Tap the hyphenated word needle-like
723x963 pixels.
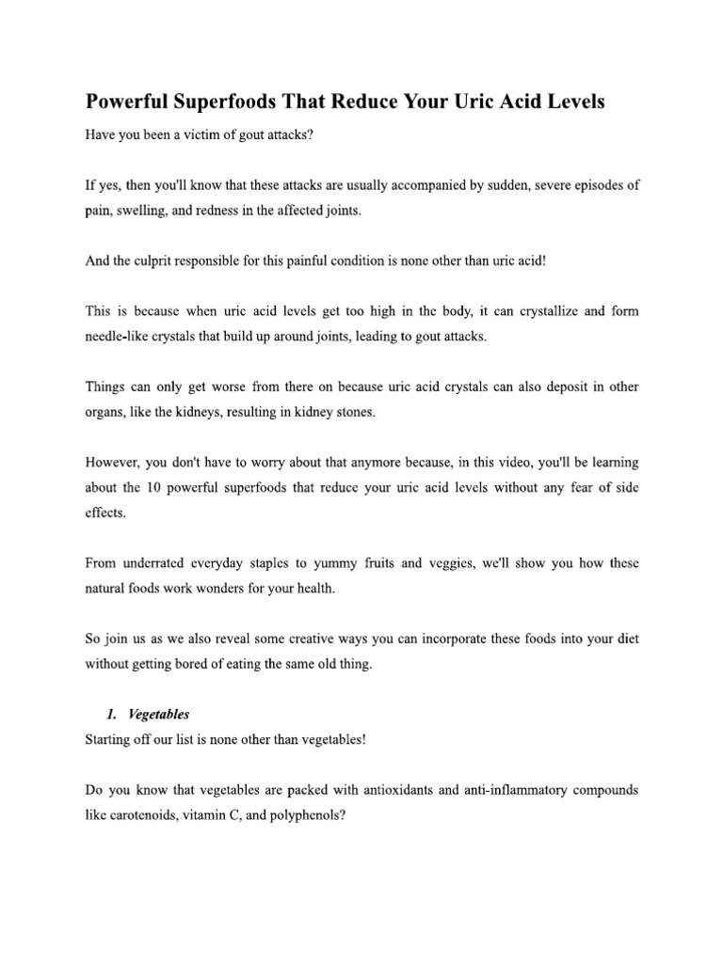click(120, 337)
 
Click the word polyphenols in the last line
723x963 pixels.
click(305, 815)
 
